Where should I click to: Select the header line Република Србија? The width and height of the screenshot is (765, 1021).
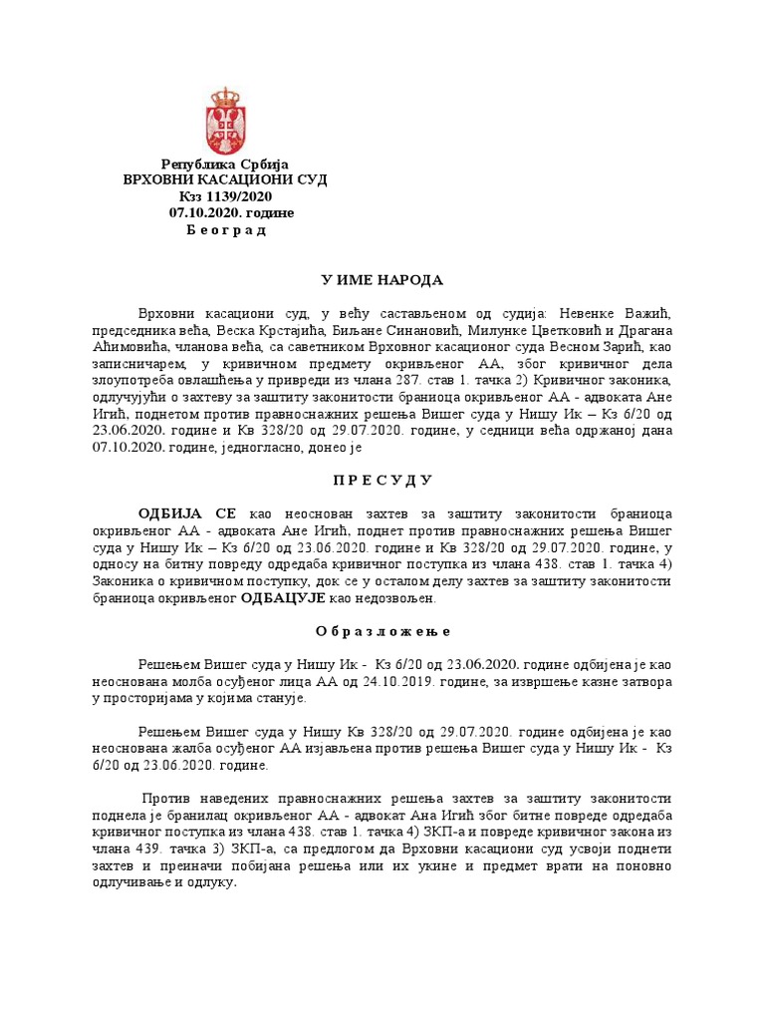[224, 164]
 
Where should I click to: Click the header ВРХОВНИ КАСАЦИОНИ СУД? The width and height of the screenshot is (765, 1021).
[224, 179]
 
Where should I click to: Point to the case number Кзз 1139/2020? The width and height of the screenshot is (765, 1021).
[224, 196]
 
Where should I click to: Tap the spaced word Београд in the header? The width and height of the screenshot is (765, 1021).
[226, 230]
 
